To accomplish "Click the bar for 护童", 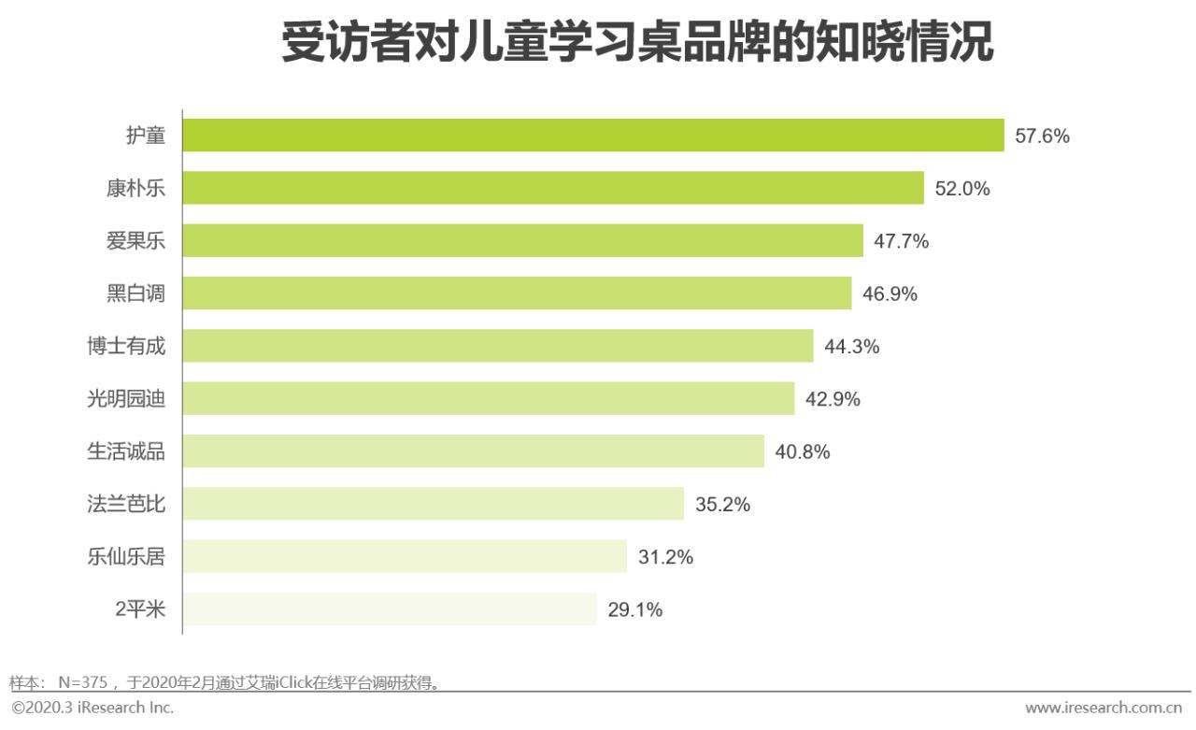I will click(592, 136).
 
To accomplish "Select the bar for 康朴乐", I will click(552, 188).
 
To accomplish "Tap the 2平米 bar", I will click(389, 609).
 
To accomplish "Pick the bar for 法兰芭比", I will click(433, 504).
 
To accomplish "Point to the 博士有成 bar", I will click(497, 346).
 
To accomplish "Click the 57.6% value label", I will click(1042, 136).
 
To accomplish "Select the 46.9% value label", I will click(890, 294).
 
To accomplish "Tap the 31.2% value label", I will click(665, 557).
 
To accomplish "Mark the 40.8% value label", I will click(802, 452).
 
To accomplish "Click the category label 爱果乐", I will click(135, 241).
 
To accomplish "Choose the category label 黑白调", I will click(135, 293).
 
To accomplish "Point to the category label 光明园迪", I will click(126, 399).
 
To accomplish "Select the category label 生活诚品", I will click(126, 451).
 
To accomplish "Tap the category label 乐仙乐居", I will click(126, 557).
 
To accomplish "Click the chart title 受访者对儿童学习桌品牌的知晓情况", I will click(637, 44).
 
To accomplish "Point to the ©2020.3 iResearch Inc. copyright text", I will click(93, 708).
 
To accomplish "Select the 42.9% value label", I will click(833, 399).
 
